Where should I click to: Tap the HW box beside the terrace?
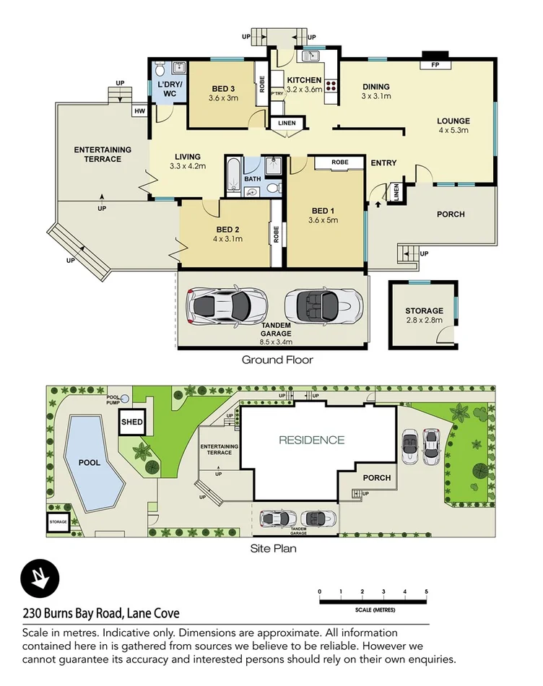139,111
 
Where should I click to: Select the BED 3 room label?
222,89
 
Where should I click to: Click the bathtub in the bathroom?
233,175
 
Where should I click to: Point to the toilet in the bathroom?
273,188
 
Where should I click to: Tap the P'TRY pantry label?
277,94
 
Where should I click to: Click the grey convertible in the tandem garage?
323,305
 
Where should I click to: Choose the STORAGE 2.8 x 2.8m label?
424,316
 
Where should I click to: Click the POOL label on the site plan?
90,463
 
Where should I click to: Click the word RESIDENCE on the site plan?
311,440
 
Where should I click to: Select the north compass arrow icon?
39,578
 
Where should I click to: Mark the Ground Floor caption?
277,360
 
